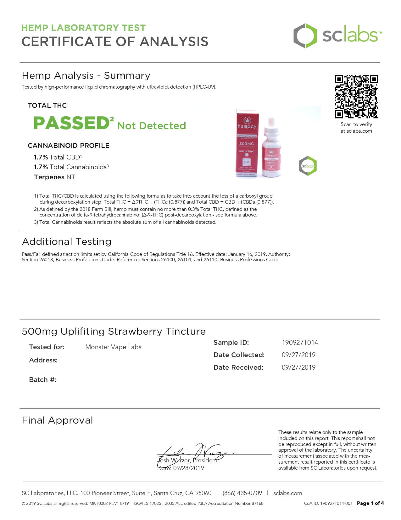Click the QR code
click(356, 96)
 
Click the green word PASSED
click(71, 123)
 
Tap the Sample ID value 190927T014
click(300, 342)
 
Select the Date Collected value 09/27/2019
click(298, 355)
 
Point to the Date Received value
click(298, 367)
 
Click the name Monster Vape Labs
click(113, 347)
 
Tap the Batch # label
click(42, 380)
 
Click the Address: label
click(43, 360)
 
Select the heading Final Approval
click(57, 420)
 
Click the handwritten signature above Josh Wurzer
click(195, 453)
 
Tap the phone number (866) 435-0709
click(242, 493)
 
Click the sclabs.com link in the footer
click(287, 493)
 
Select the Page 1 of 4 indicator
click(370, 503)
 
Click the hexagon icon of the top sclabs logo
click(305, 36)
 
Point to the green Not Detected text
click(152, 126)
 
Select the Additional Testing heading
click(67, 242)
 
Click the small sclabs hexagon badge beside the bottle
click(308, 166)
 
